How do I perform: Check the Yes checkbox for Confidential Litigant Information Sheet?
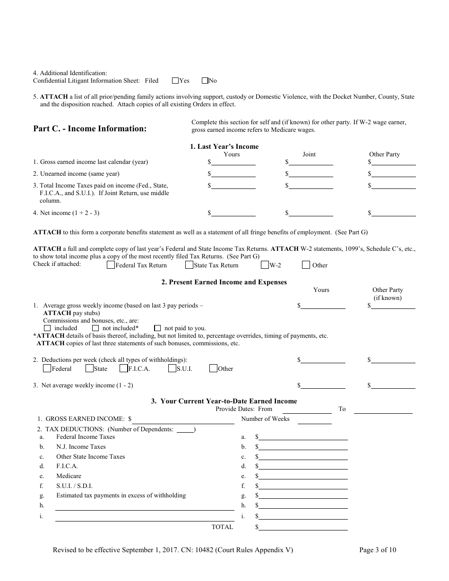click(175, 81)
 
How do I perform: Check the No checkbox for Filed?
click(205, 81)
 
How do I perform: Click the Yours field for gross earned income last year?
click(233, 162)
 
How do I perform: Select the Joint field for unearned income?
click(311, 173)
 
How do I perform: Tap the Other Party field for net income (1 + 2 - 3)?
click(394, 213)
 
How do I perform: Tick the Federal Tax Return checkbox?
click(111, 265)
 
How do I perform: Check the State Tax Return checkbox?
click(189, 265)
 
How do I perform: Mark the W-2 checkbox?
click(265, 265)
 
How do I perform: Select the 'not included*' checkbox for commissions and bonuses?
click(95, 328)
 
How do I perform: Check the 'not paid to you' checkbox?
click(157, 328)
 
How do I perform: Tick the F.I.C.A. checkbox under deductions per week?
click(124, 368)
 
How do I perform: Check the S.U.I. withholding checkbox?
click(172, 368)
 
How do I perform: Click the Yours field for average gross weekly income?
click(323, 306)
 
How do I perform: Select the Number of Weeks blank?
click(314, 419)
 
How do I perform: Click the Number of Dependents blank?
click(185, 430)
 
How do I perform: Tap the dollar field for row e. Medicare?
click(303, 476)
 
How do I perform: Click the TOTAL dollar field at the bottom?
click(303, 527)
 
